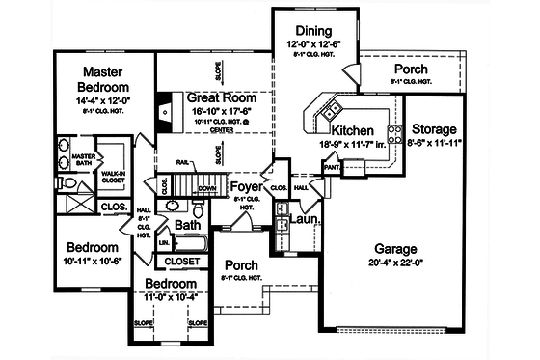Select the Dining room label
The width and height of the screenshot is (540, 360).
click(314, 31)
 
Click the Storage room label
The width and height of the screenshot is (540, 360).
click(436, 128)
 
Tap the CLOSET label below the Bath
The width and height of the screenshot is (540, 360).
click(182, 261)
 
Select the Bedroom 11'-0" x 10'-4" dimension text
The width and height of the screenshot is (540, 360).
click(170, 298)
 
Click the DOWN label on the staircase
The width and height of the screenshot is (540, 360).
click(206, 189)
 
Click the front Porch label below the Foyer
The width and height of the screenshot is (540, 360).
click(242, 264)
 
